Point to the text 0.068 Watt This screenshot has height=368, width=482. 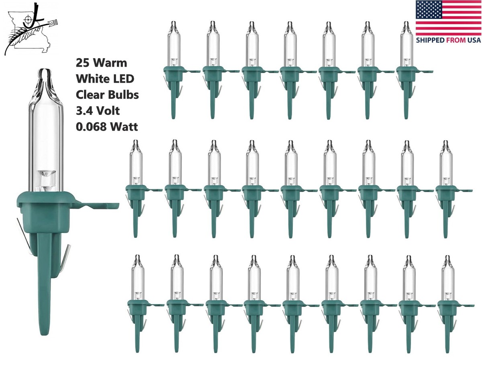107,127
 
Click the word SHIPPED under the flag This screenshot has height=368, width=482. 430,40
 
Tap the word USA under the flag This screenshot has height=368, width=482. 474,40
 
